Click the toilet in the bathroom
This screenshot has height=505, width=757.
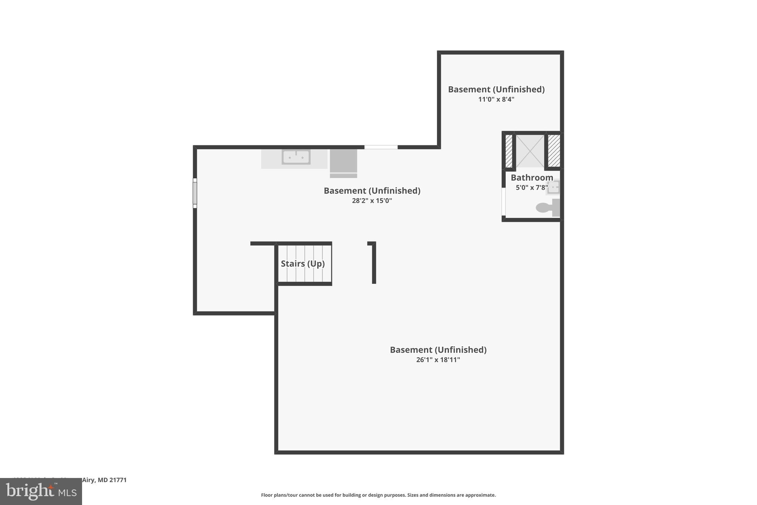tap(547, 208)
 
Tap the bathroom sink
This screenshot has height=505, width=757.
tap(553, 187)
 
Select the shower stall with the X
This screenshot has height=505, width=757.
tap(530, 151)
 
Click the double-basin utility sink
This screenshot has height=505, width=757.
tap(296, 157)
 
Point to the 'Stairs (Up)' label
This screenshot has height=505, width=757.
tap(303, 264)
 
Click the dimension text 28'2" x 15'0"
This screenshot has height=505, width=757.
tap(372, 201)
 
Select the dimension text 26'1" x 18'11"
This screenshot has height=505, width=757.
tap(438, 360)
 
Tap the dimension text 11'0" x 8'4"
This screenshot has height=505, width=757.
tap(496, 100)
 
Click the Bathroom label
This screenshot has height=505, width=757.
tap(532, 178)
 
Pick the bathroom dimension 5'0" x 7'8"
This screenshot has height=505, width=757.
tap(532, 188)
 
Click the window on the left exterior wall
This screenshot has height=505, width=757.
tap(195, 193)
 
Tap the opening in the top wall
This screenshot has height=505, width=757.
tap(381, 147)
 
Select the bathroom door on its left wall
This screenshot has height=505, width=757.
tap(503, 202)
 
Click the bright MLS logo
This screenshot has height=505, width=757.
tap(41, 491)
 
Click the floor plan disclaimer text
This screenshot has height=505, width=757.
tap(378, 495)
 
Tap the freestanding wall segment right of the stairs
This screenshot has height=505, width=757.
tap(374, 263)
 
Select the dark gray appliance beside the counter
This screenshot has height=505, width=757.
tap(343, 163)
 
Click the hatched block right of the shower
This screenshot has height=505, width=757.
tap(554, 151)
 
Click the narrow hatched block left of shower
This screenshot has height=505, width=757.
tap(509, 151)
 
